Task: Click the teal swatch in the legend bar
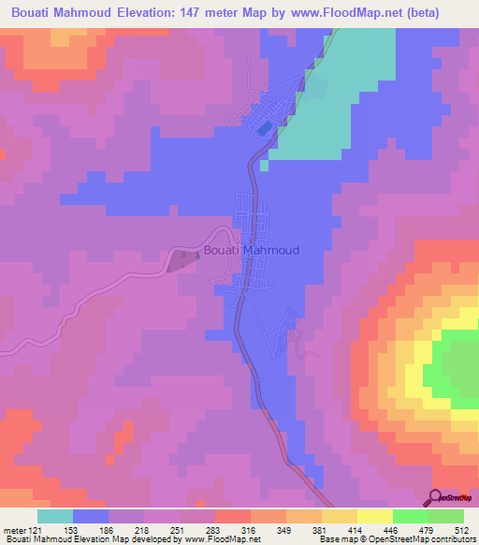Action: [x=55, y=517]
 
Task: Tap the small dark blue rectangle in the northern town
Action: [x=265, y=126]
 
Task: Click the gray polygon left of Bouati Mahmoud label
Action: [x=183, y=260]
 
